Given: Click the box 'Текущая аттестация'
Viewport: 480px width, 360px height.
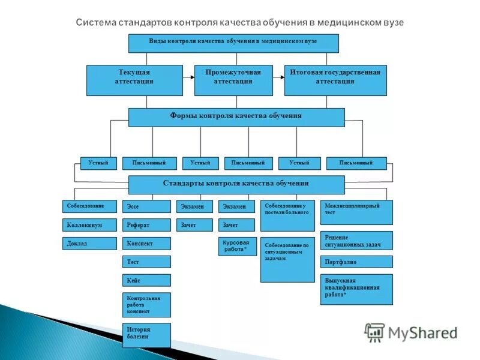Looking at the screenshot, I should click(x=134, y=80).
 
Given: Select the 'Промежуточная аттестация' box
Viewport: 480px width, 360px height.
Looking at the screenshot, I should click(x=233, y=80).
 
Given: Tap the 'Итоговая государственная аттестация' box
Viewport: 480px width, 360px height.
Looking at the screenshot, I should click(x=335, y=80).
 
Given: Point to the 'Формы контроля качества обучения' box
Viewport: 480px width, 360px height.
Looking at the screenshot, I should click(x=236, y=117).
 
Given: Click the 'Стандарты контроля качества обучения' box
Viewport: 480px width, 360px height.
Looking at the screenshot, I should click(x=236, y=184).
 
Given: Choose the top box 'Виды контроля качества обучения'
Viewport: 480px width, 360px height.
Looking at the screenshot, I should click(x=233, y=43).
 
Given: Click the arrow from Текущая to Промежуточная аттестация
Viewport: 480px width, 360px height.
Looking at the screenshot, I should click(x=189, y=77).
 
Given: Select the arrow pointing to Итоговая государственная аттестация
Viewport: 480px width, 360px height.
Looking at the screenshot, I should click(x=279, y=77).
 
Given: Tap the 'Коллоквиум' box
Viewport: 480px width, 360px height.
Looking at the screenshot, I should click(x=89, y=225).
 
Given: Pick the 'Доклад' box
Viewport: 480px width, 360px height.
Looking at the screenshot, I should click(x=89, y=244).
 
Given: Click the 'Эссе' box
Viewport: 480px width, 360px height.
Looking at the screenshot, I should click(x=146, y=206).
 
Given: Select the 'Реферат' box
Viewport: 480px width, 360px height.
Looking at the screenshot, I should click(x=146, y=225).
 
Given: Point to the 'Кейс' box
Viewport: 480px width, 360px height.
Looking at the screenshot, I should click(x=146, y=280).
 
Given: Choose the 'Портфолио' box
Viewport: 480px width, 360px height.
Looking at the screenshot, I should click(x=356, y=262).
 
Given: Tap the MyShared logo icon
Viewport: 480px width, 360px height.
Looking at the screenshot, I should click(x=375, y=332).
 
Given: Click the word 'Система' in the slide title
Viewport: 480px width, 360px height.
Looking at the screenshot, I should click(x=95, y=22).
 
